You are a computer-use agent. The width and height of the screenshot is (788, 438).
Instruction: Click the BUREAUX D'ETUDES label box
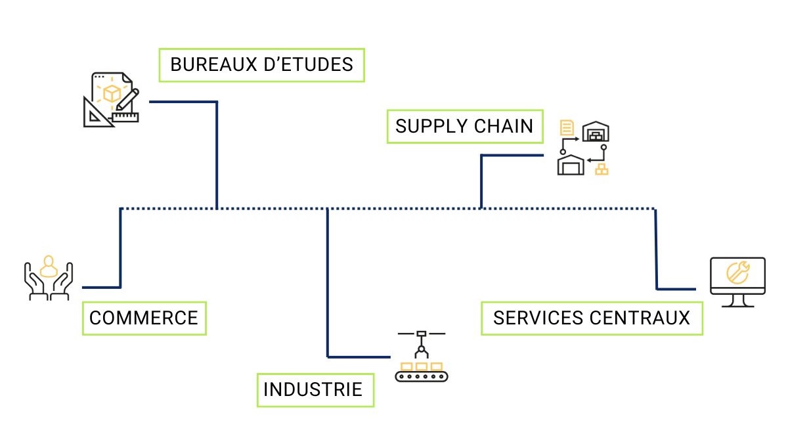click(261, 64)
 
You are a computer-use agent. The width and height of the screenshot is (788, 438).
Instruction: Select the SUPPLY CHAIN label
click(465, 125)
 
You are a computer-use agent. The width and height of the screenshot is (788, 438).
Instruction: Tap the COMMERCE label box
click(144, 318)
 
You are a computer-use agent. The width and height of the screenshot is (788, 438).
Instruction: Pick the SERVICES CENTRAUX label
click(592, 318)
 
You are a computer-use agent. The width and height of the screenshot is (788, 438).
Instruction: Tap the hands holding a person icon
click(48, 278)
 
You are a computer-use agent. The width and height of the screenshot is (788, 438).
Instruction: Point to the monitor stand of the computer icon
click(737, 302)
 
